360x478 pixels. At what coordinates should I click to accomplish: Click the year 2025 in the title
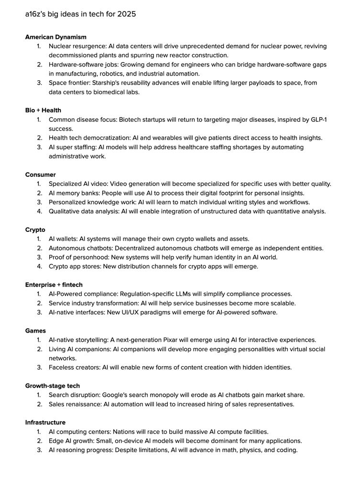[x=127, y=14]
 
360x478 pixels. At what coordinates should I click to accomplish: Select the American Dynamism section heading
[x=56, y=37]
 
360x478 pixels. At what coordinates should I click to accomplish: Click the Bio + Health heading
[x=43, y=110]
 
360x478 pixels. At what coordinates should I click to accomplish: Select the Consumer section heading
[x=40, y=175]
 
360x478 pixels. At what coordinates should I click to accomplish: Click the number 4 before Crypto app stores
[x=39, y=266]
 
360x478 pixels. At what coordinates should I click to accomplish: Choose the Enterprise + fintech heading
[x=54, y=285]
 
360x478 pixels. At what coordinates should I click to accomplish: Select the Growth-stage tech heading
[x=53, y=386]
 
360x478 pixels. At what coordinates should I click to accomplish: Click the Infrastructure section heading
[x=45, y=423]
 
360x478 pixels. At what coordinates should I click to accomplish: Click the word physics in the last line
[x=251, y=450]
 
